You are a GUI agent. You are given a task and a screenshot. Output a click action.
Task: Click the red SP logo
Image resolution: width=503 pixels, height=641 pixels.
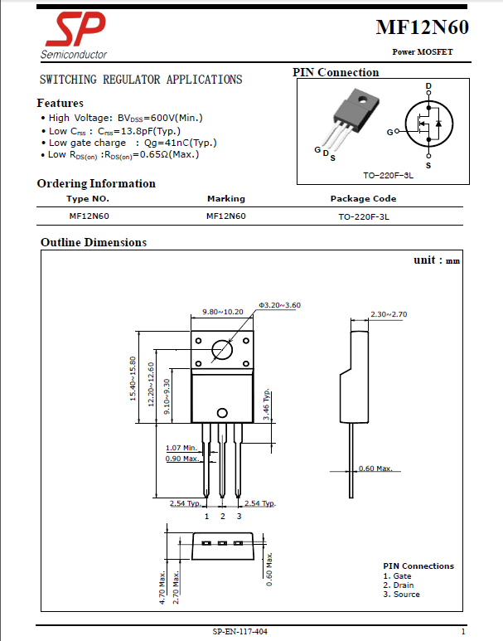click(x=75, y=32)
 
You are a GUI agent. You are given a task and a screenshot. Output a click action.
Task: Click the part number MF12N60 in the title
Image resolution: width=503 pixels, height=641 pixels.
click(x=422, y=28)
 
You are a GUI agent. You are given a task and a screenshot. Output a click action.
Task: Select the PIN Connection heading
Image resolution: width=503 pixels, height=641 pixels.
click(x=336, y=73)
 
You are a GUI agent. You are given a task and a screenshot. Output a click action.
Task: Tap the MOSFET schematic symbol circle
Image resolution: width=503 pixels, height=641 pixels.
click(x=428, y=125)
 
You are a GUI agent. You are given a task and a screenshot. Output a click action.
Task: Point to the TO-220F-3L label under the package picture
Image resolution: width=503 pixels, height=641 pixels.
click(x=388, y=176)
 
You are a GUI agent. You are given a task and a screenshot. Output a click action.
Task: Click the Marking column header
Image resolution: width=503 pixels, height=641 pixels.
click(x=226, y=199)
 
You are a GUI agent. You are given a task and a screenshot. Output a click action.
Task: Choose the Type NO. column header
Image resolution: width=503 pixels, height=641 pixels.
click(x=88, y=199)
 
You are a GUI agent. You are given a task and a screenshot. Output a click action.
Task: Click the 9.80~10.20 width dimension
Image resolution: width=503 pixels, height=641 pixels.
click(x=223, y=312)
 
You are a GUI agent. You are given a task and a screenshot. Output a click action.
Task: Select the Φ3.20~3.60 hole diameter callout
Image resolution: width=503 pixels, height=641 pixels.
click(x=279, y=305)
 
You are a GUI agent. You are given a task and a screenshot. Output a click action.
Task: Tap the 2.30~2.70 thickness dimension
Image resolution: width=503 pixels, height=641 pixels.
click(x=389, y=314)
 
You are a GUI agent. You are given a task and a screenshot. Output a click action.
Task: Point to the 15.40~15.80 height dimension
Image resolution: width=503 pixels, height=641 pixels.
click(x=133, y=379)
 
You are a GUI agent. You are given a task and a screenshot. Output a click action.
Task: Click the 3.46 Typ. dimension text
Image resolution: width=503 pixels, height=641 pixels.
click(x=267, y=405)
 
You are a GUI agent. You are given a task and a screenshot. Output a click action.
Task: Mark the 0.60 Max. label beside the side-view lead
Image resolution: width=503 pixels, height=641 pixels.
click(x=375, y=469)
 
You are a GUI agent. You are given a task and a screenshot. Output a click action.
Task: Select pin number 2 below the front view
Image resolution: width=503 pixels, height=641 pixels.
click(x=222, y=516)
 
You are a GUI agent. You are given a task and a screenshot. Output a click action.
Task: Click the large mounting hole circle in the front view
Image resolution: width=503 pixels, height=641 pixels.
click(x=222, y=351)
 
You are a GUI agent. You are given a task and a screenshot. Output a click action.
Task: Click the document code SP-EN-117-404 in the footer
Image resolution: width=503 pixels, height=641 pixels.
click(x=239, y=632)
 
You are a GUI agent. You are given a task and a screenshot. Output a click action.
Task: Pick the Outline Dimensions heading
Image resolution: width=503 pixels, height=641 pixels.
click(x=94, y=243)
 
